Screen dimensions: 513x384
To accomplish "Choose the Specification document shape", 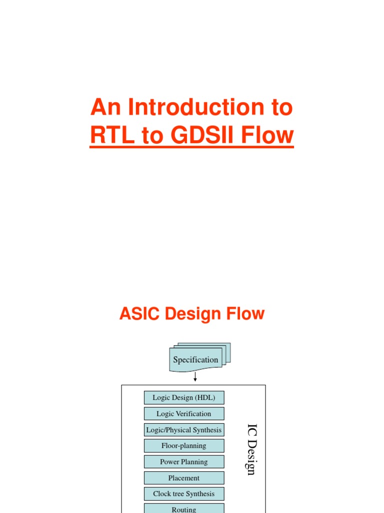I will click(x=196, y=359).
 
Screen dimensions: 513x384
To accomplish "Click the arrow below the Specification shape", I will click(x=195, y=376).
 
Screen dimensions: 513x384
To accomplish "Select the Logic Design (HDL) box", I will click(x=184, y=398).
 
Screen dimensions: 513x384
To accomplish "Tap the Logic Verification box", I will click(x=184, y=414).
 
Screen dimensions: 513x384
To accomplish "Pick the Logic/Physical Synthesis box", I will click(x=184, y=430).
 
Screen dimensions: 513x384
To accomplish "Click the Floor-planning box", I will click(x=184, y=446).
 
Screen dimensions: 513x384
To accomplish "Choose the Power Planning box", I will click(x=184, y=462).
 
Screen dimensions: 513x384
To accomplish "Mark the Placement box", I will click(x=184, y=478).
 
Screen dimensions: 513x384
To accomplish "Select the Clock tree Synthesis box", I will click(x=184, y=494).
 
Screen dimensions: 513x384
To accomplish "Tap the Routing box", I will click(x=184, y=508).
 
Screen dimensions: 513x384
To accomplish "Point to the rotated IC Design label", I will click(x=251, y=449).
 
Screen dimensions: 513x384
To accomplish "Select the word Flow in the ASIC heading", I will click(x=245, y=314).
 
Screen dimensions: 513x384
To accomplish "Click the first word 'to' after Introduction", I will click(x=279, y=108).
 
